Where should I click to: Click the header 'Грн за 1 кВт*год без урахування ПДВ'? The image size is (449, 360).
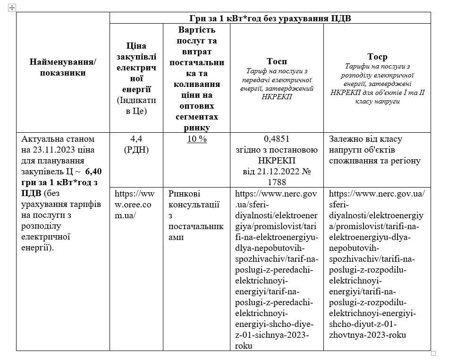[x=270, y=18]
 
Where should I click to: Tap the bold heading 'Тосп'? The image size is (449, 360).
[x=276, y=61]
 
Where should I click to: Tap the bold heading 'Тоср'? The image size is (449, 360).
[x=377, y=57]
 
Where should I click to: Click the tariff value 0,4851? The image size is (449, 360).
[x=276, y=139]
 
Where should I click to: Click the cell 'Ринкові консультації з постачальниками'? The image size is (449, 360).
[x=195, y=215]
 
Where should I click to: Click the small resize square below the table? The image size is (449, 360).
[x=433, y=353]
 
